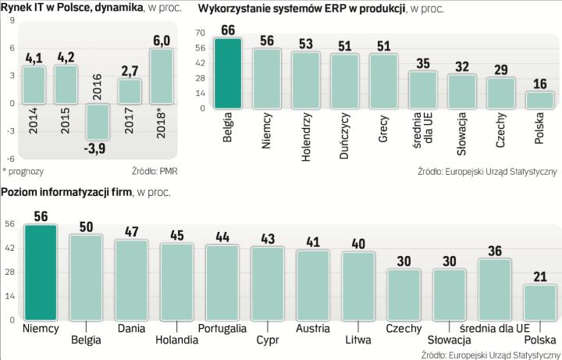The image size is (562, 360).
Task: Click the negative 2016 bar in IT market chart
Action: tap(98, 123)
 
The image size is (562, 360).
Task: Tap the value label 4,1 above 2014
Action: tap(34, 57)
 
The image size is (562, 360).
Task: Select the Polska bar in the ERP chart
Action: tap(539, 100)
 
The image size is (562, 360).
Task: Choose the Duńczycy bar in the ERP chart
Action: tap(344, 82)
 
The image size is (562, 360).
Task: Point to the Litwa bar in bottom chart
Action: tap(357, 285)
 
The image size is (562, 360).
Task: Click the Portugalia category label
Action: tap(222, 329)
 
